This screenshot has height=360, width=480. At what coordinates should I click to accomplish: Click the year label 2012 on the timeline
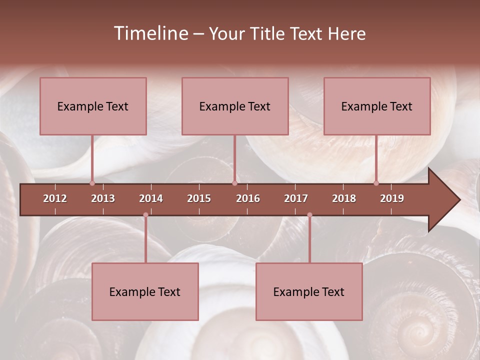(55, 198)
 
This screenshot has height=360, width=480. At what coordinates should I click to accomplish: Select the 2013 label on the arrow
(103, 198)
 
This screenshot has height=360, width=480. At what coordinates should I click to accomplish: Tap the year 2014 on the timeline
(151, 198)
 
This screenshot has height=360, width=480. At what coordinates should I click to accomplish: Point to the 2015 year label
(199, 198)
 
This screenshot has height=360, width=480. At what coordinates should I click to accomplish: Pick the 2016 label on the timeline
(248, 198)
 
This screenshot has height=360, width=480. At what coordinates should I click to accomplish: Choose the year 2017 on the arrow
(296, 198)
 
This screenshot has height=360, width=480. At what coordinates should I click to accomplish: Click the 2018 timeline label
(344, 198)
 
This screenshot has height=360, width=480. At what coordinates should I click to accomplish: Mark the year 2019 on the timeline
(392, 198)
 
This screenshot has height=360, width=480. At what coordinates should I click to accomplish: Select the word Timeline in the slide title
(150, 33)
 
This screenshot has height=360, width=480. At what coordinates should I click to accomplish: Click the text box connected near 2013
(93, 106)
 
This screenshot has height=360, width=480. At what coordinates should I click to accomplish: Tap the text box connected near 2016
(235, 106)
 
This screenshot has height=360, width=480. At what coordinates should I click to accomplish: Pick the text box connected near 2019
(377, 106)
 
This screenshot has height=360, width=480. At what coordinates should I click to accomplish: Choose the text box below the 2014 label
(145, 291)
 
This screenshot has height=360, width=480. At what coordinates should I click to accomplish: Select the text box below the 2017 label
(309, 291)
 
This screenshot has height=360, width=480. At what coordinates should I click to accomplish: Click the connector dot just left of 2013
(92, 183)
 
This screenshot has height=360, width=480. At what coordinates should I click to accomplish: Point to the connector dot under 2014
(145, 215)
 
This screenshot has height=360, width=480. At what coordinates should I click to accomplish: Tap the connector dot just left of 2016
(234, 183)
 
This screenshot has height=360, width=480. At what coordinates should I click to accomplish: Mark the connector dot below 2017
(309, 215)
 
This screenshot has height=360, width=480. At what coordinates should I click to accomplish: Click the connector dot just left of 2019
(376, 183)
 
